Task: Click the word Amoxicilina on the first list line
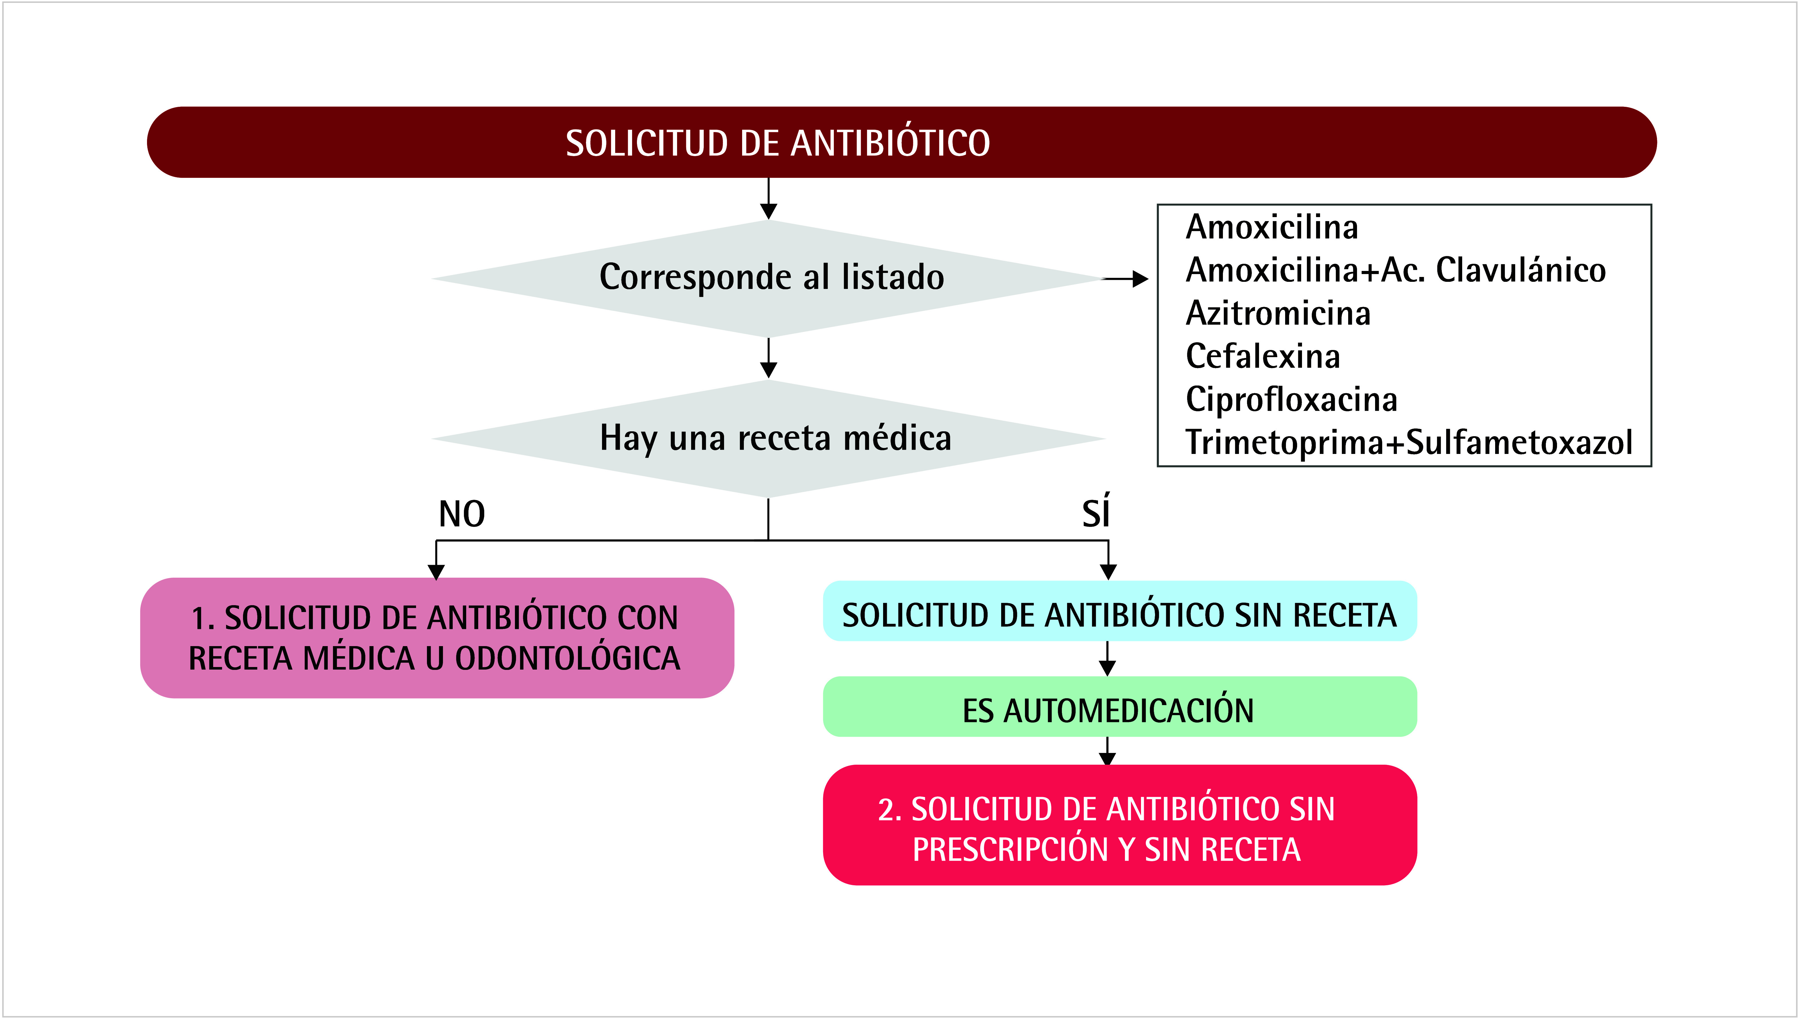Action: (x=1271, y=227)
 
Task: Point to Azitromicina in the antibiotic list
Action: (x=1278, y=313)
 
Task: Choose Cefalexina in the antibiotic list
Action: (x=1262, y=356)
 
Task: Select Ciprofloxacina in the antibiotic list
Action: (x=1291, y=399)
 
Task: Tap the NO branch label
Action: (x=461, y=514)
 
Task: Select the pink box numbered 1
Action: (x=437, y=638)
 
